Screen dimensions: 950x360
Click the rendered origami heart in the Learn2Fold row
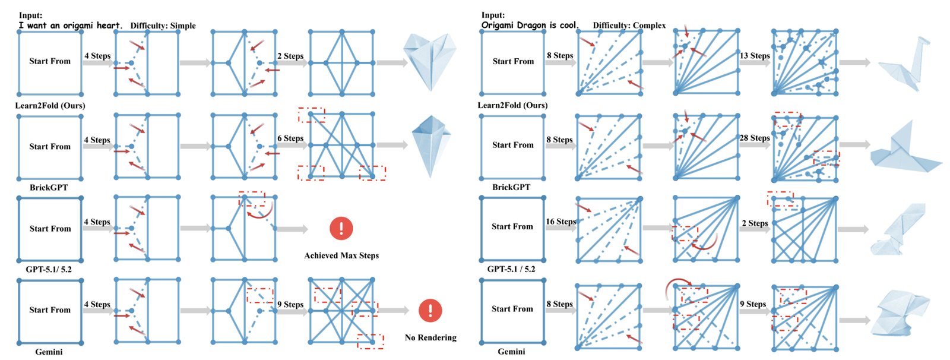[430, 60]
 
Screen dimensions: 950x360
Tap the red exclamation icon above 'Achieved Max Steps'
[341, 228]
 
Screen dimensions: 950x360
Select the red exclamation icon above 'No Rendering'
[430, 310]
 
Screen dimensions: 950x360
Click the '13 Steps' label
[755, 56]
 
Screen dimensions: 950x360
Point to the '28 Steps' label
[755, 138]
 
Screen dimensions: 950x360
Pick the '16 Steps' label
[560, 222]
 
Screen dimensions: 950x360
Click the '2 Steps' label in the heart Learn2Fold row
[290, 56]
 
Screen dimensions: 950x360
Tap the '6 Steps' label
[290, 138]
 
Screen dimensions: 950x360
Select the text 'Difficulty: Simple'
[163, 26]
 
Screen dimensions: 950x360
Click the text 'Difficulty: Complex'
[629, 26]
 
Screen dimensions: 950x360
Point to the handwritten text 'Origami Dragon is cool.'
[530, 25]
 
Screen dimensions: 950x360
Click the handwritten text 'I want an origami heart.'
[71, 26]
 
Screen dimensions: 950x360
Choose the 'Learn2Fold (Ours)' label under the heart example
[50, 105]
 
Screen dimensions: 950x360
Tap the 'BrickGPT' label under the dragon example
[511, 187]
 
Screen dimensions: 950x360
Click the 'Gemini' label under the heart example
[49, 352]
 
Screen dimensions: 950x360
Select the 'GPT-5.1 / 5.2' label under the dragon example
[511, 269]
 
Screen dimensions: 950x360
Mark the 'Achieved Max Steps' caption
[341, 255]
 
